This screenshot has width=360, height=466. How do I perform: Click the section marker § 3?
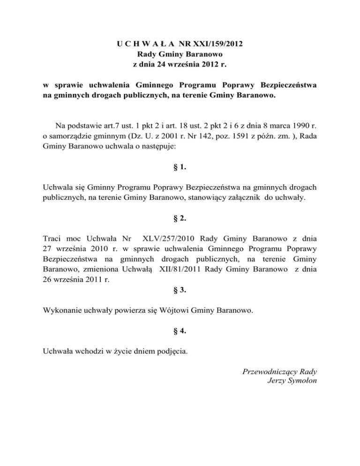[180, 290]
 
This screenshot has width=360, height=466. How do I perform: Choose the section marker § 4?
[180, 331]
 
